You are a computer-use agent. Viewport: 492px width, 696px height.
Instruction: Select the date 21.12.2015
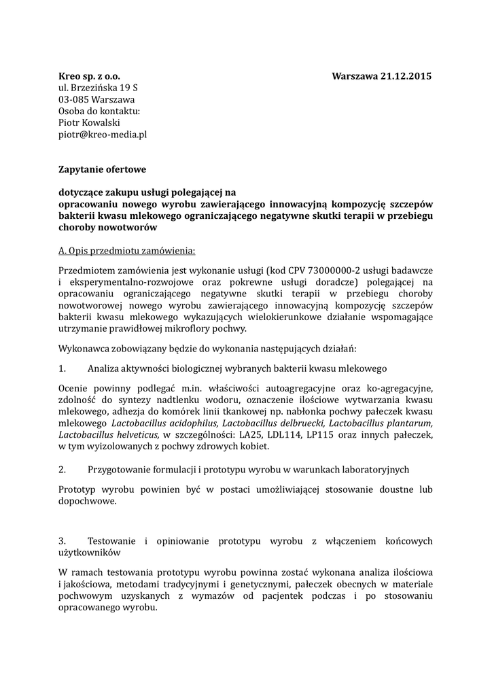[x=406, y=76]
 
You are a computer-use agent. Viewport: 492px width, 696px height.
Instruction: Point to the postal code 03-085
[x=72, y=99]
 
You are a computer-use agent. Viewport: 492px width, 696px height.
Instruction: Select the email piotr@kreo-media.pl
[x=103, y=134]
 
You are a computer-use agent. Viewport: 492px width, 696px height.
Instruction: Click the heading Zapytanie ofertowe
[x=102, y=169]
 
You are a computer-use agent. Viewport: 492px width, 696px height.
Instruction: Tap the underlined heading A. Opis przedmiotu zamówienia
[x=126, y=251]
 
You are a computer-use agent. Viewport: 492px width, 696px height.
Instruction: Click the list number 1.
[x=62, y=368]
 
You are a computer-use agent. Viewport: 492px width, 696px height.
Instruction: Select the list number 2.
[x=62, y=470]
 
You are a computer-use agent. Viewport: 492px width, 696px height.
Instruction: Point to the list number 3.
[x=62, y=541]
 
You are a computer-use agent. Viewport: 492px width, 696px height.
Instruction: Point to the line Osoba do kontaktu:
[x=99, y=111]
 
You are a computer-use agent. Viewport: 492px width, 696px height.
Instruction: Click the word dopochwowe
[x=87, y=501]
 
